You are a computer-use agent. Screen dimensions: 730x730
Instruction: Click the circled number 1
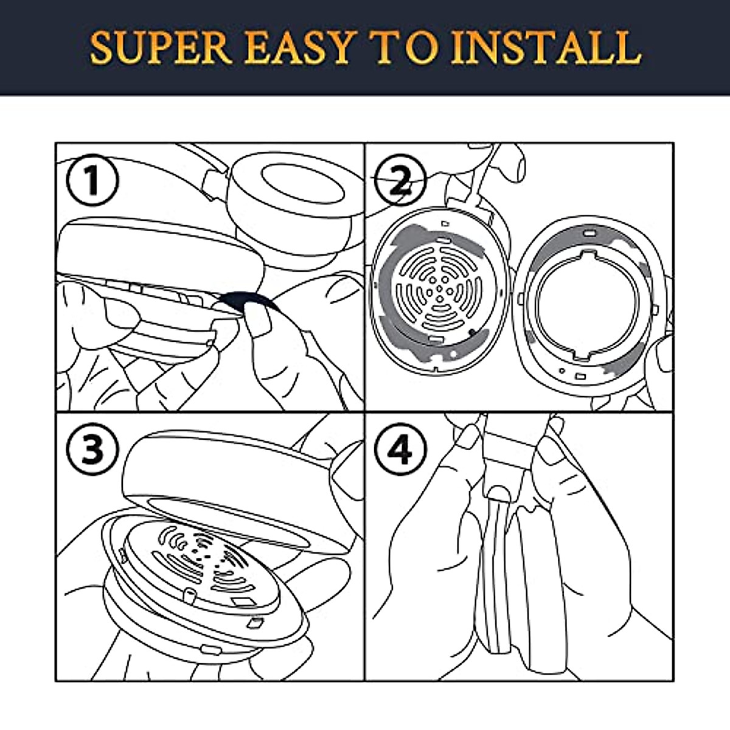click(x=92, y=180)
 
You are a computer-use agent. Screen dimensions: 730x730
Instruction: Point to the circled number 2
click(x=400, y=180)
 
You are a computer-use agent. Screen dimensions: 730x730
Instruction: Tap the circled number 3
click(x=92, y=450)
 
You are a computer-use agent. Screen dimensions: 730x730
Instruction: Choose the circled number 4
click(x=400, y=450)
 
